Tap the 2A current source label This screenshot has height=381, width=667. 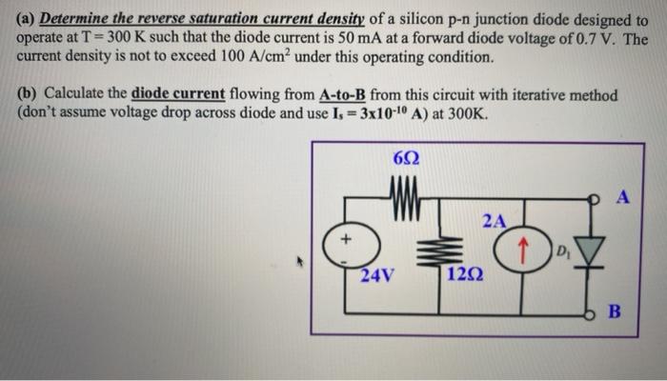tap(494, 221)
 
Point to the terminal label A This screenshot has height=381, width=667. tap(624, 197)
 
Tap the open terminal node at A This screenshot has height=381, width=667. tap(598, 199)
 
